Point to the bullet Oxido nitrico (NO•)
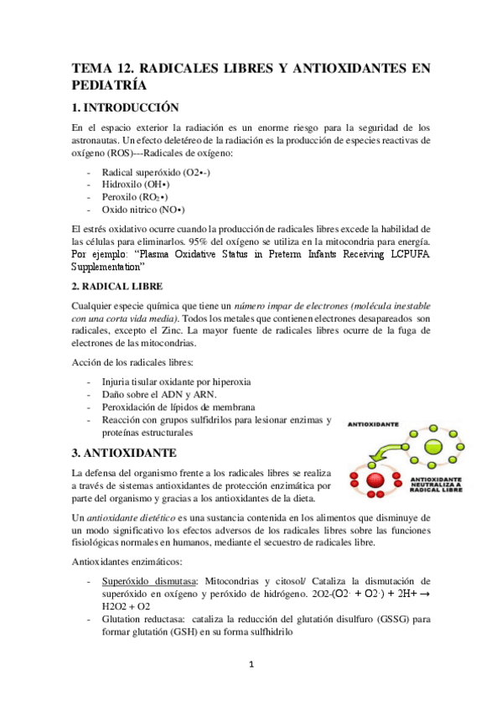pos(143,209)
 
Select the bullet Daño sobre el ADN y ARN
pos(158,394)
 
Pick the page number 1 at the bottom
pos(251,667)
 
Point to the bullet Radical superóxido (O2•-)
pos(156,170)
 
